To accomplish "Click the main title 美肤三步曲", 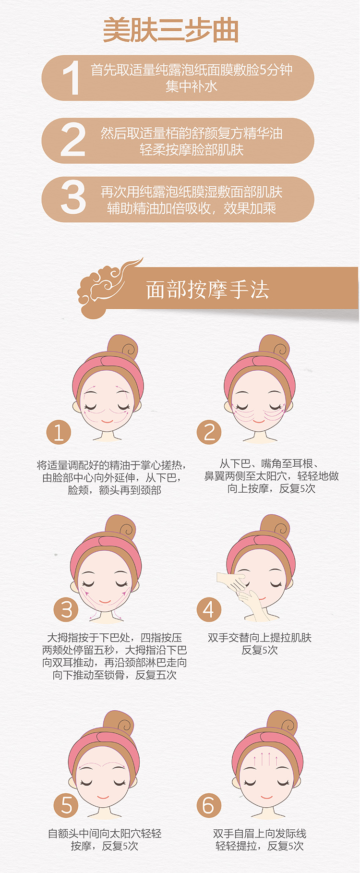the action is pos(170,31).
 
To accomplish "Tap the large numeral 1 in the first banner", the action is pos(72,77).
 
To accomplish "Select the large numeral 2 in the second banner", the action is pos(73,140).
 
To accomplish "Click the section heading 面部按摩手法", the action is pos(208,290).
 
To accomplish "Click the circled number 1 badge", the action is pos(59,433).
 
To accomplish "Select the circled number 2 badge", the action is pos(209,432).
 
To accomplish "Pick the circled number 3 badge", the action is pos(66,610).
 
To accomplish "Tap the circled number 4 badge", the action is pos(209,609).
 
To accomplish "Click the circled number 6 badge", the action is pos(209,805).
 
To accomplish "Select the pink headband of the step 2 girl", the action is pos(259,372).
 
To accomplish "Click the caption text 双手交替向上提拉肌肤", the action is pos(260,638).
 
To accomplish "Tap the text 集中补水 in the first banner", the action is pos(191,86).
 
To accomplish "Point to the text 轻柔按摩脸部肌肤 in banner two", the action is pos(192,150).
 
